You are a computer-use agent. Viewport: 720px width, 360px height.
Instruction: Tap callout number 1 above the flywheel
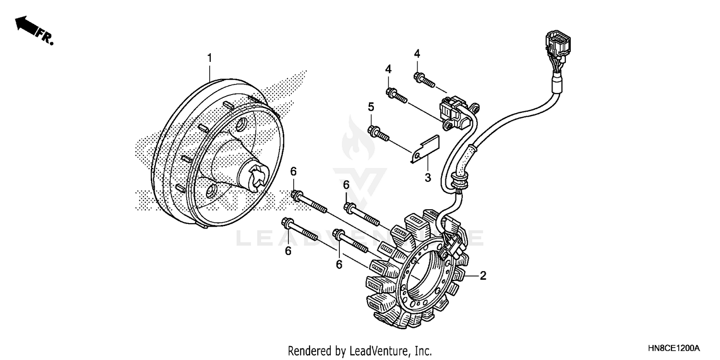[209, 58]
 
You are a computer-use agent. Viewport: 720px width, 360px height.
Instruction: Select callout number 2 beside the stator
[483, 276]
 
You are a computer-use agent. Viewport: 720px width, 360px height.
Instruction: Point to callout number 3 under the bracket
[428, 178]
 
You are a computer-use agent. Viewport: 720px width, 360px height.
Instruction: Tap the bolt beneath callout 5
[379, 133]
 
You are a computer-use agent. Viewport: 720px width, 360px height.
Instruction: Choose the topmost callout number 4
[417, 54]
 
